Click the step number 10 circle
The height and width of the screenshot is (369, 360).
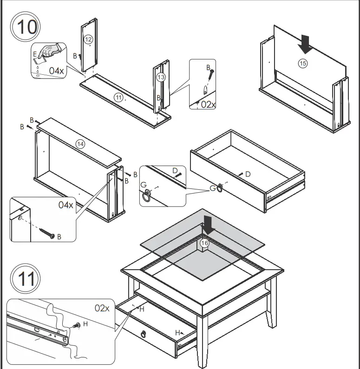click(26, 26)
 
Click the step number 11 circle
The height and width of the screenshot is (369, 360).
click(26, 280)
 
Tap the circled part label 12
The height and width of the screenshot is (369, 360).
click(88, 40)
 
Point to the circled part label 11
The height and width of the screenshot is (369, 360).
click(119, 97)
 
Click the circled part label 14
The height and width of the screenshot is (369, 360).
click(81, 143)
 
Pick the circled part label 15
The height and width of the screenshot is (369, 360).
click(303, 64)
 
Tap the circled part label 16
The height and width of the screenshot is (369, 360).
click(204, 243)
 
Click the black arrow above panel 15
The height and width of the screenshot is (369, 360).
click(306, 44)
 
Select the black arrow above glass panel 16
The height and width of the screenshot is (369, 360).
click(208, 225)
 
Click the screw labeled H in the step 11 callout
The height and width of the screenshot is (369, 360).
click(76, 326)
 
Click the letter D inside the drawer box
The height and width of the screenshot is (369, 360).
click(248, 174)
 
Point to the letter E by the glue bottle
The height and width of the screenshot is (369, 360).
click(34, 54)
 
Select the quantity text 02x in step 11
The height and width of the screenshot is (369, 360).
click(102, 307)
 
